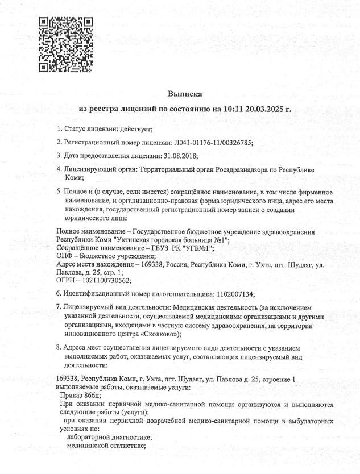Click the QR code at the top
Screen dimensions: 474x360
65,44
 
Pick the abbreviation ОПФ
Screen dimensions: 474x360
67,256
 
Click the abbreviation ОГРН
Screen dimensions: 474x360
68,280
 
